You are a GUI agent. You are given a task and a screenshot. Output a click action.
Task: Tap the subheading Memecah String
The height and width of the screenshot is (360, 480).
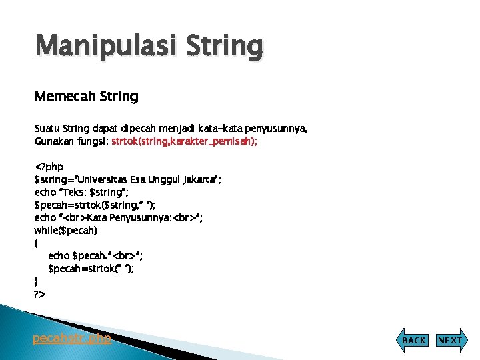coord(86,97)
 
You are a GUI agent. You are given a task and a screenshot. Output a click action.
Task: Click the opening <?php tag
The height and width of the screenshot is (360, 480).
coord(49,167)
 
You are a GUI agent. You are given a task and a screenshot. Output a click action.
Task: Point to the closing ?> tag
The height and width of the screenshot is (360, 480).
coord(39,293)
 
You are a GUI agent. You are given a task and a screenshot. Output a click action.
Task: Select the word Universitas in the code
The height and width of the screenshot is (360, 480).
coord(106,179)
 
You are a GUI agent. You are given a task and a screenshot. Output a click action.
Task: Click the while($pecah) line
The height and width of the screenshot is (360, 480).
coord(65,230)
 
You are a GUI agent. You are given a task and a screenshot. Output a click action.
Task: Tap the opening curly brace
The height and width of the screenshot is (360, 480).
coord(36,243)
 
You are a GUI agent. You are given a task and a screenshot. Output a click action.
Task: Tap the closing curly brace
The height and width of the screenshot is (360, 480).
coord(36,281)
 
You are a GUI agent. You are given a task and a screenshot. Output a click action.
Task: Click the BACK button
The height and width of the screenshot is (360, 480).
coord(413,340)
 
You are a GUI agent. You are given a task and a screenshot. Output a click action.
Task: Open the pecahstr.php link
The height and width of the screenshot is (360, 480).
coord(72,339)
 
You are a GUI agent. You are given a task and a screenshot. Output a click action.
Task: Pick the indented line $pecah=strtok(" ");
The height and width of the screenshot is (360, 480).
coord(95,268)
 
